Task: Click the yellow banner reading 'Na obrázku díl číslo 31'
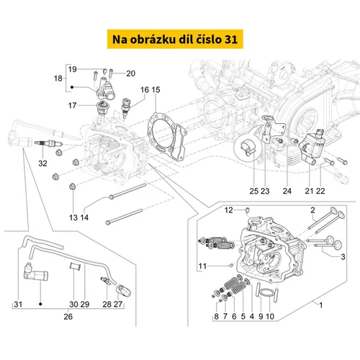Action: point(175,39)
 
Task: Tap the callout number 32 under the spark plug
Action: point(42,163)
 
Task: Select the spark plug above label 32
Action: point(48,143)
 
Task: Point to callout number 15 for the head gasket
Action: point(156,90)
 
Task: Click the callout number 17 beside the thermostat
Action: point(72,105)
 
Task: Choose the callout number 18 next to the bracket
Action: point(58,78)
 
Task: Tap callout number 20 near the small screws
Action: point(131,73)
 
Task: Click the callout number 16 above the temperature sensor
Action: point(145,90)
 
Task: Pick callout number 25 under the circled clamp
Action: point(254,191)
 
